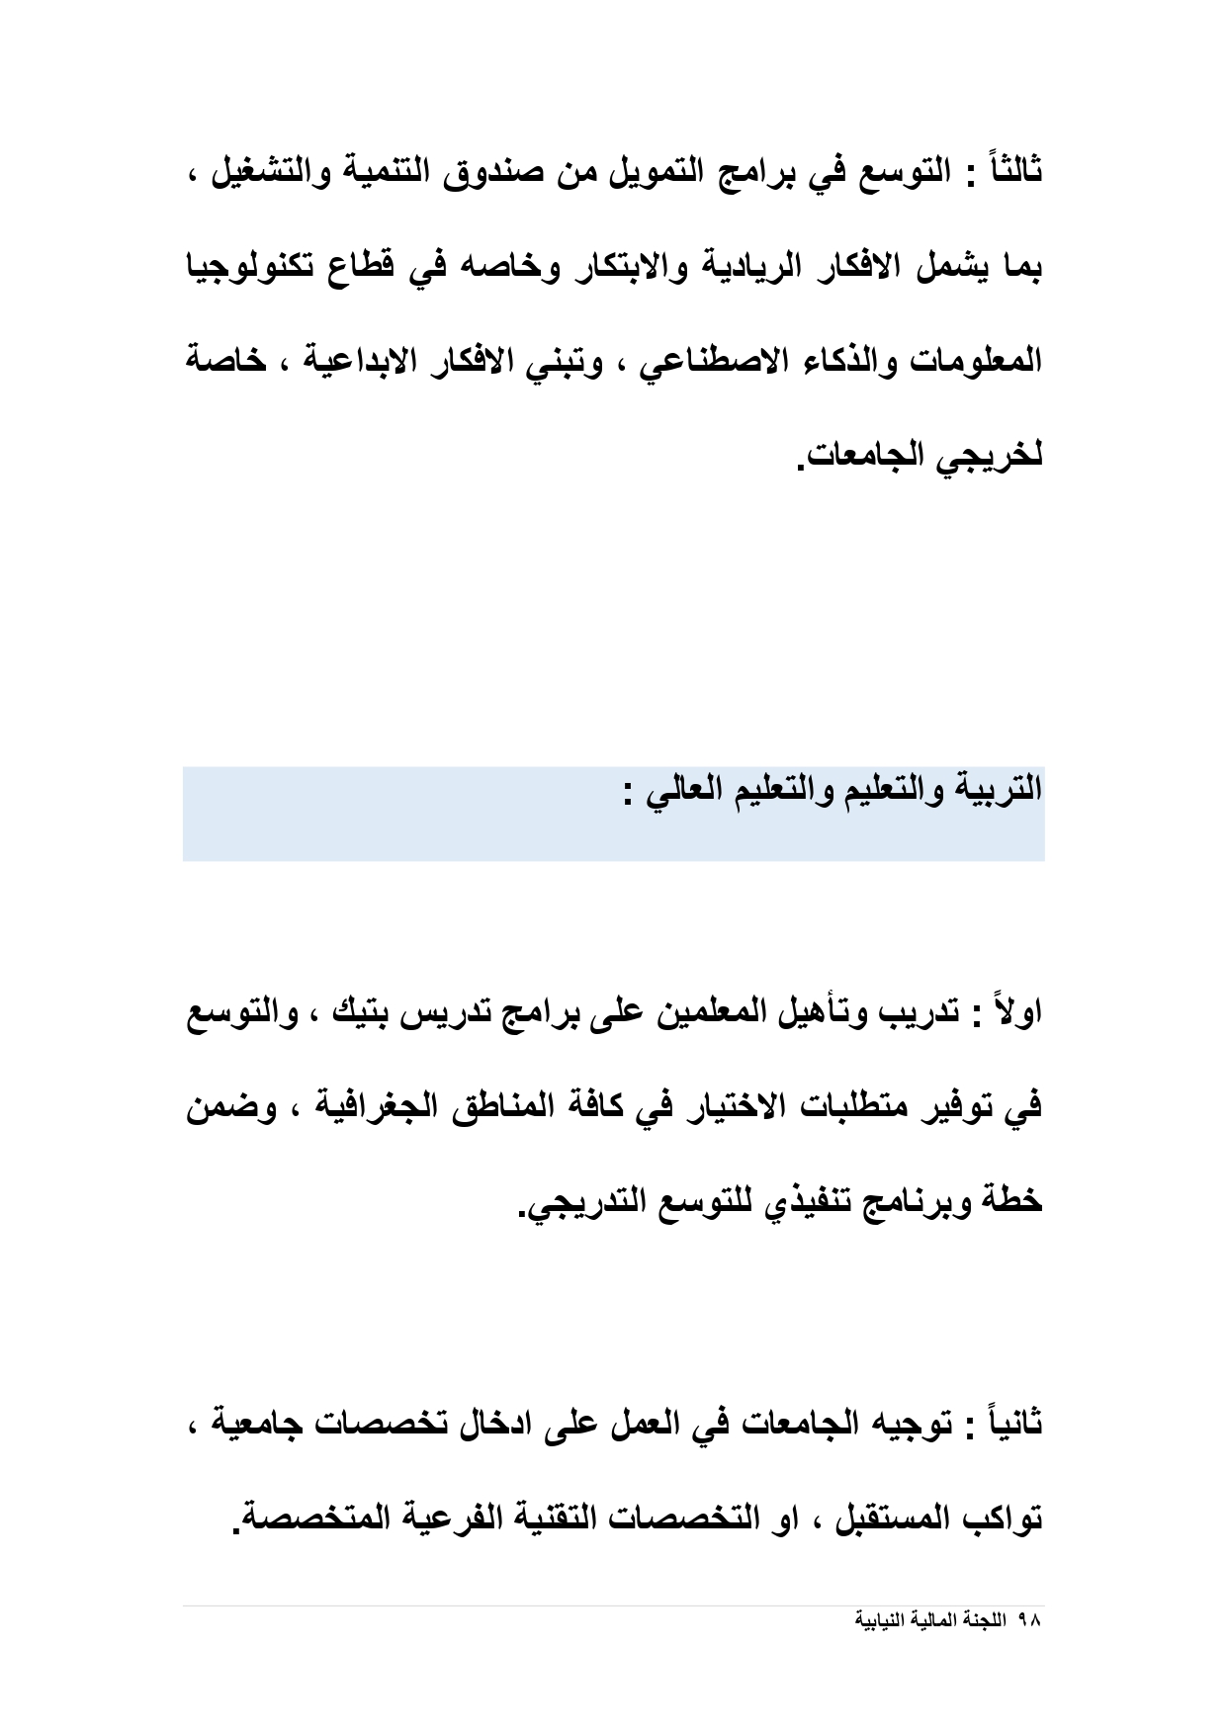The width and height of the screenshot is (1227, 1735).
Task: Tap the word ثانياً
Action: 1010,1425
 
